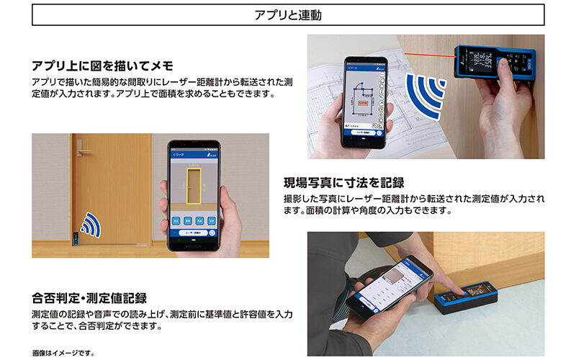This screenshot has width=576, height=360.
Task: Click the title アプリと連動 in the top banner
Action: [288, 14]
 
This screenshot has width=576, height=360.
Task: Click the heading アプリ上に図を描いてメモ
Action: [102, 66]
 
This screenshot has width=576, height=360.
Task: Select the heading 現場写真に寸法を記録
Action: [344, 182]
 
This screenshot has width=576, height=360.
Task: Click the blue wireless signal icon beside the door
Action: [89, 225]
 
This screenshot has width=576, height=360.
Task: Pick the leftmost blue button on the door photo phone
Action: [175, 220]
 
